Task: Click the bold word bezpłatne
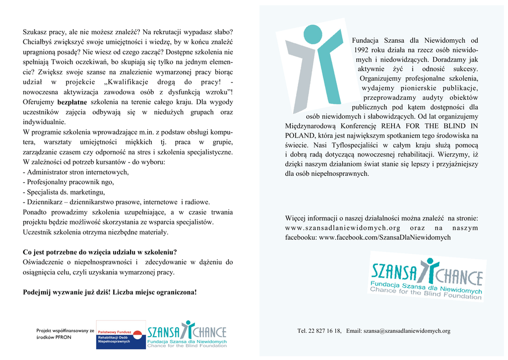[x=73, y=102]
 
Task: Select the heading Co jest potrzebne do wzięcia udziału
[x=100, y=252]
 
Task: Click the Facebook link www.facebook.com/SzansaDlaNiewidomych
[x=384, y=238]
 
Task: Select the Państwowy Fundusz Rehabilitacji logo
[x=121, y=334]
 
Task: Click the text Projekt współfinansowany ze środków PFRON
[x=65, y=334]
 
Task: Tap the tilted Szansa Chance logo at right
[x=427, y=276]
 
